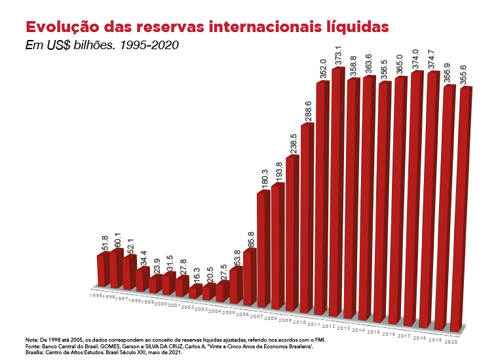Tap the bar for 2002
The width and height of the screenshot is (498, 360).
pos(195,292)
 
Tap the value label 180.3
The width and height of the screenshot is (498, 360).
pos(265,179)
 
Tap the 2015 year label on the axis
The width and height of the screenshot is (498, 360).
pos(374,332)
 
